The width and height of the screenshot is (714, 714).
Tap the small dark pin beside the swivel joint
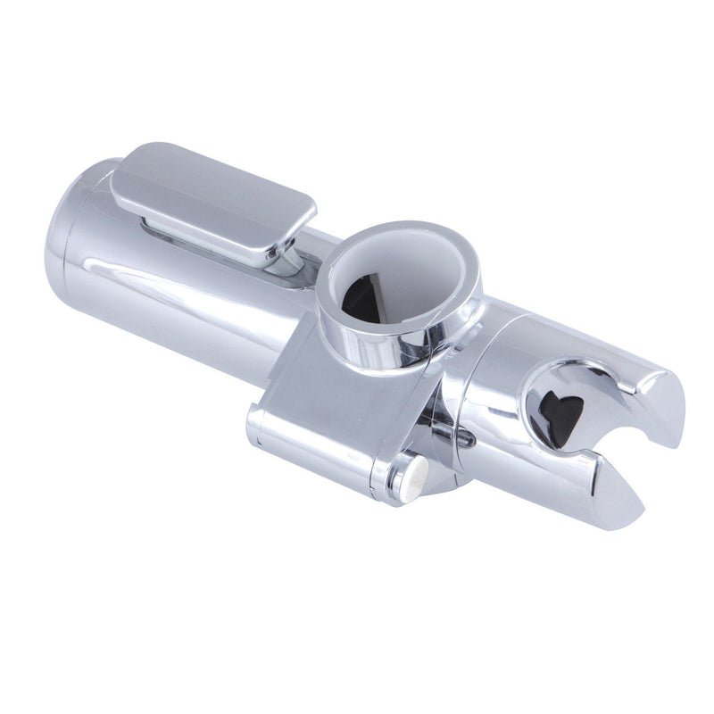pos(464,438)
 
